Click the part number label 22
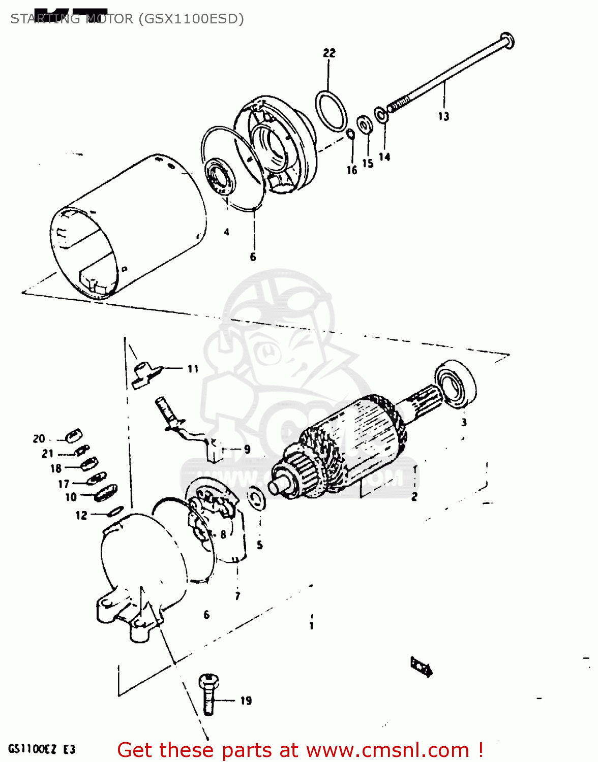[330, 53]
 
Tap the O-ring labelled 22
[332, 111]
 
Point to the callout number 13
[444, 116]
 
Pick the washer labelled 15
[364, 124]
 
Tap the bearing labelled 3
[456, 383]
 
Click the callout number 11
[193, 369]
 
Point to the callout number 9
[247, 450]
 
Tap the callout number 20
[39, 439]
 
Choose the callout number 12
[81, 516]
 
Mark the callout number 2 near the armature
[414, 497]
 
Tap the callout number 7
[237, 596]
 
